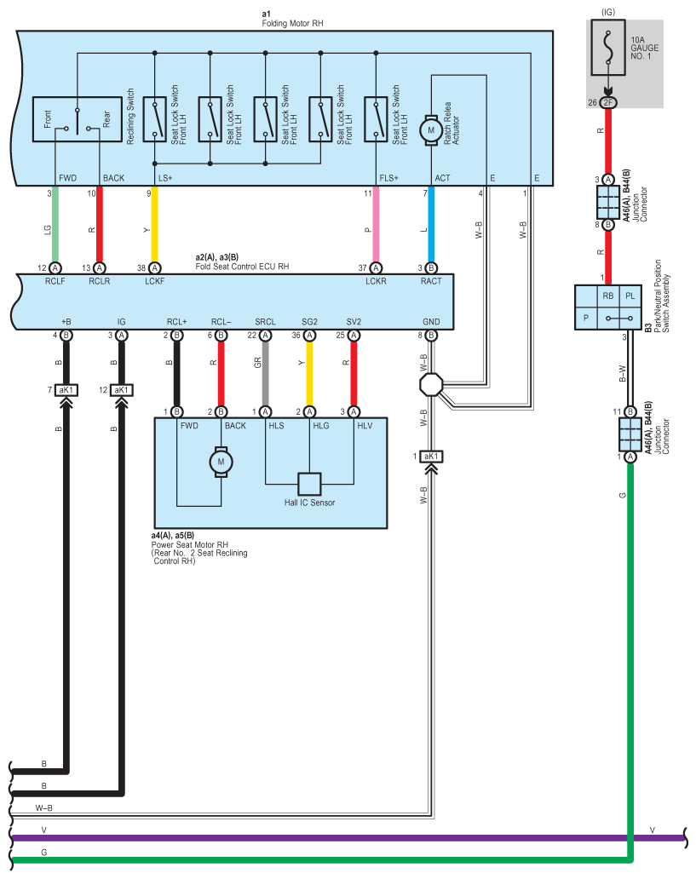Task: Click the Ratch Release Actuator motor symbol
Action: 431,130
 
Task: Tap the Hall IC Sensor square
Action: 309,485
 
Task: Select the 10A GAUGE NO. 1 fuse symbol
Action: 608,48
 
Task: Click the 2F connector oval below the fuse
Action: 608,102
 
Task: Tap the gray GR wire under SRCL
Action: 265,373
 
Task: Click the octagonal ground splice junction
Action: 431,385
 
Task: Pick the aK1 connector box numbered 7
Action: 66,389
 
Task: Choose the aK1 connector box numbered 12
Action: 121,389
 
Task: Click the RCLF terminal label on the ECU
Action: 55,281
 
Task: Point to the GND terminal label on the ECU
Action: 431,322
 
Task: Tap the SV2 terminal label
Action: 354,322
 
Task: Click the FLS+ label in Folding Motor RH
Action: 388,178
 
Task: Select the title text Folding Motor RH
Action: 292,23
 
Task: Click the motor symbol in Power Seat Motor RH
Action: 221,462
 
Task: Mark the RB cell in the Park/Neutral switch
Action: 608,296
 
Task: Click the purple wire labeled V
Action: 348,838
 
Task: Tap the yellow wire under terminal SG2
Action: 309,373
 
